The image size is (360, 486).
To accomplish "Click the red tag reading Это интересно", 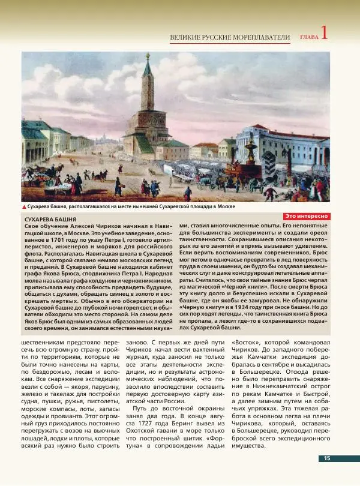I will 306,215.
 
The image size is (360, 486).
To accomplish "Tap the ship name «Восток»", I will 245,344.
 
